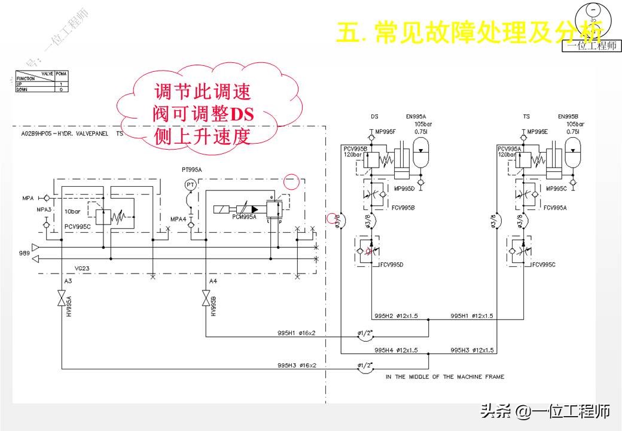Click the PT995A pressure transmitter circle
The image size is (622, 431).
[x=190, y=185]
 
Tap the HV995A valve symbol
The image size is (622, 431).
[x=62, y=298]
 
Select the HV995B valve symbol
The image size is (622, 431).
[x=206, y=298]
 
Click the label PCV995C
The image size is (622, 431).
[x=77, y=227]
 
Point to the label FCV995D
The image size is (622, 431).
[x=392, y=264]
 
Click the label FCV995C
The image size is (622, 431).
[x=544, y=264]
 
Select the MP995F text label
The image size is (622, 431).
[x=388, y=132]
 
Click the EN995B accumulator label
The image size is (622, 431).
[x=569, y=117]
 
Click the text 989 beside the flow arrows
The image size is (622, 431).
[x=23, y=253]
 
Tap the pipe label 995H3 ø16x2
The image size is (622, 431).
[x=297, y=365]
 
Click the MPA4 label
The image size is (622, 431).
[x=178, y=219]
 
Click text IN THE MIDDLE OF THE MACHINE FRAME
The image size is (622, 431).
[x=445, y=377]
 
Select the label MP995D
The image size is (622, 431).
[x=404, y=189]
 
